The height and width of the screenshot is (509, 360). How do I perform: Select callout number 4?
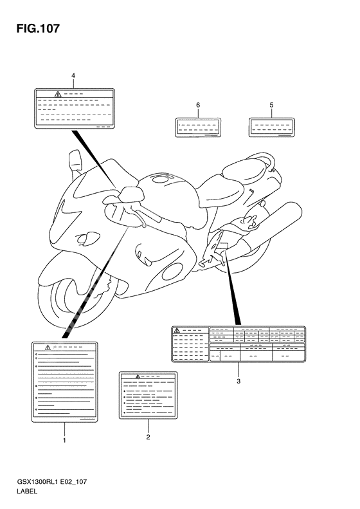[x=73, y=76]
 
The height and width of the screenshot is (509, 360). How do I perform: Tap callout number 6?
[x=198, y=104]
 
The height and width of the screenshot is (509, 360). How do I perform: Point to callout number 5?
[x=271, y=104]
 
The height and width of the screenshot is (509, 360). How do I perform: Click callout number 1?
[x=64, y=441]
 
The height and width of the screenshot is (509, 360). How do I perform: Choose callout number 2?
[x=148, y=438]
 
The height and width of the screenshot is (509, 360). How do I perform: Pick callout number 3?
[x=238, y=382]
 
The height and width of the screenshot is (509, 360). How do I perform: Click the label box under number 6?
[x=198, y=127]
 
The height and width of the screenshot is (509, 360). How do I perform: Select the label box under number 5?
[x=271, y=127]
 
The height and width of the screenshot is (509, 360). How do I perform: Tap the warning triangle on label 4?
[x=58, y=95]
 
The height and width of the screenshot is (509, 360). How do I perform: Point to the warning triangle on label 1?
[x=39, y=347]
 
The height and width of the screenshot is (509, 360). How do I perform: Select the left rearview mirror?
[x=73, y=161]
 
